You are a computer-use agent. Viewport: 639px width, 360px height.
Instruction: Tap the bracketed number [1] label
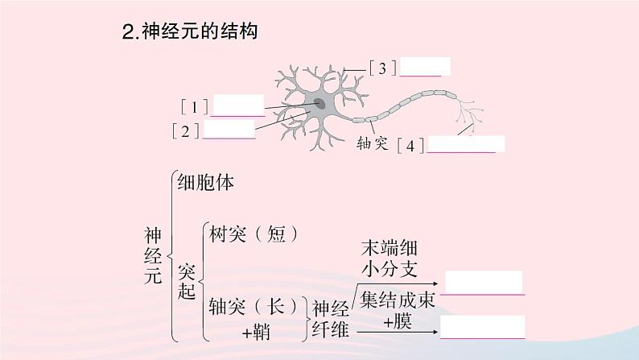click(x=195, y=106)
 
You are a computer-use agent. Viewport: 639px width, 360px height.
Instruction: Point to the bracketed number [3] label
click(x=383, y=68)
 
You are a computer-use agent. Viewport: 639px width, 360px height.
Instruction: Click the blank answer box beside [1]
click(x=238, y=106)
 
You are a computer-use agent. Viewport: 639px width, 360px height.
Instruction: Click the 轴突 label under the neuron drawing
click(x=373, y=144)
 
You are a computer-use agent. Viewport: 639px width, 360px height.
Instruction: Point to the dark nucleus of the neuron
click(x=319, y=104)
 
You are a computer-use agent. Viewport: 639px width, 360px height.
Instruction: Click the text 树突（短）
click(x=254, y=234)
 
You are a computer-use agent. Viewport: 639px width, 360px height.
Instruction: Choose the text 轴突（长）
click(x=254, y=307)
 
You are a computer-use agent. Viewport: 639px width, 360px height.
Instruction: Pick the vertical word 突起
click(x=186, y=280)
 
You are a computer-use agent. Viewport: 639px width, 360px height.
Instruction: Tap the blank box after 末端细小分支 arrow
click(x=484, y=283)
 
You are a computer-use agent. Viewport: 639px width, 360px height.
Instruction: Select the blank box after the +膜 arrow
click(x=482, y=327)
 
